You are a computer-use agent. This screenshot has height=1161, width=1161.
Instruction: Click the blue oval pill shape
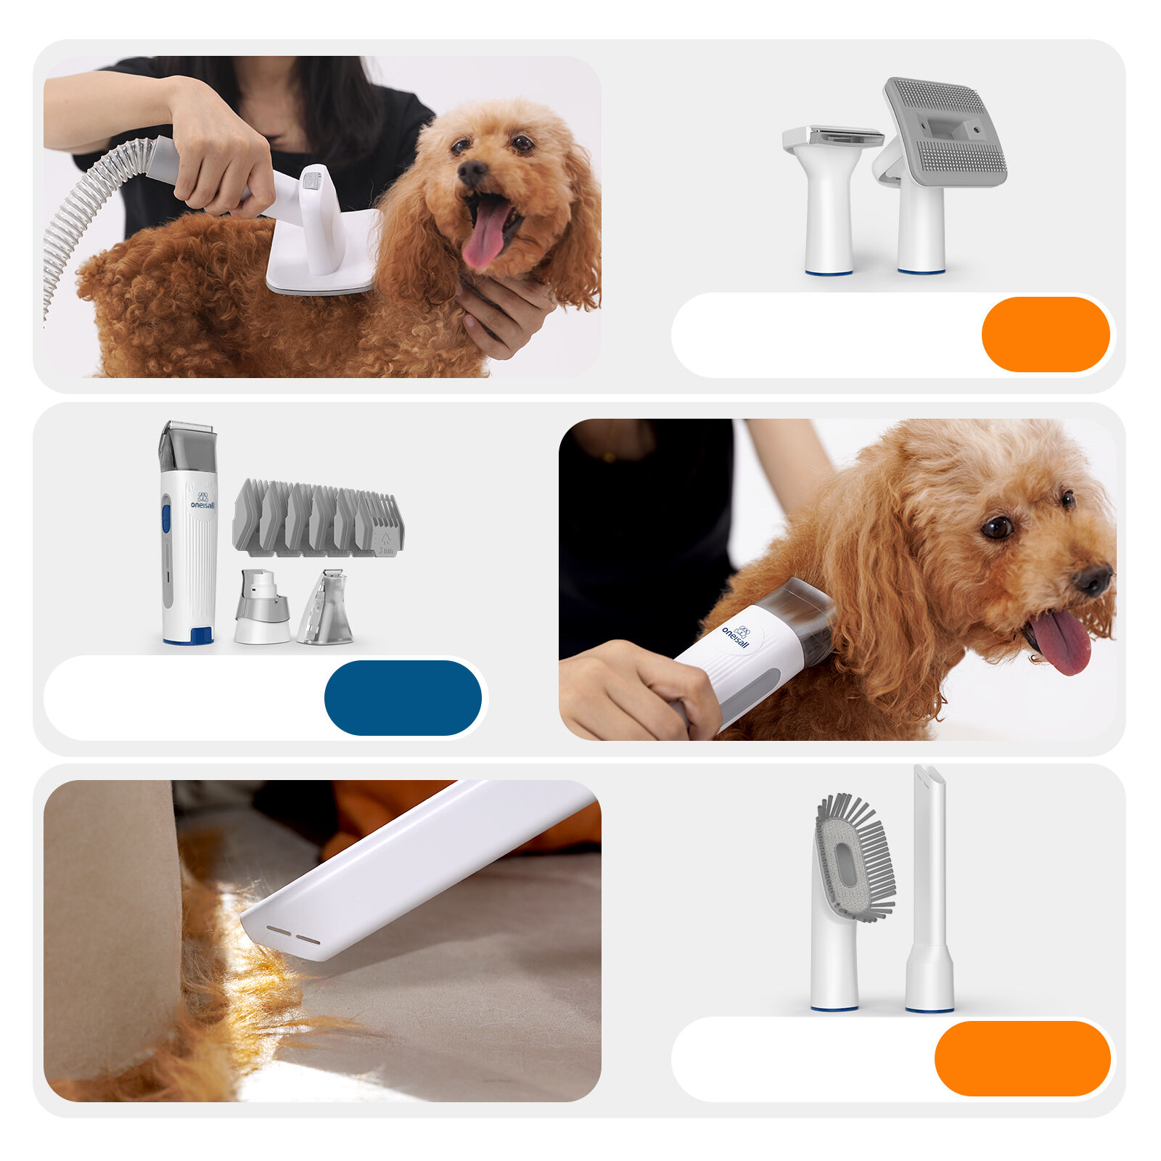point(403,697)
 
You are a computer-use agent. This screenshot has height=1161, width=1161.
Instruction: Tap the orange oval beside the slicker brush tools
point(1045,335)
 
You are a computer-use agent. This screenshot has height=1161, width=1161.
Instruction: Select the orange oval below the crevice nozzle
point(1022,1058)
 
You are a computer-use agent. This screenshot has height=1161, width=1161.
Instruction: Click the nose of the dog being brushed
point(472,173)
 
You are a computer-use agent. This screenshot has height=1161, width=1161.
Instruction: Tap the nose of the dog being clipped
point(1093,580)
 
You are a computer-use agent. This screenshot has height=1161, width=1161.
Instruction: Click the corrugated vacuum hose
point(80,203)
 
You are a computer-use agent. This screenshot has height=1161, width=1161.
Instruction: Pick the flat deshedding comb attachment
point(832,196)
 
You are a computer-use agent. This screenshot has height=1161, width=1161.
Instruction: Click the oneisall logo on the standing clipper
point(202,501)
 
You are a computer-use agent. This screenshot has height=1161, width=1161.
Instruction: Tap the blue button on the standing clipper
point(166,518)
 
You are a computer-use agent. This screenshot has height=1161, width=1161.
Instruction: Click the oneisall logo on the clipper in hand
point(737,636)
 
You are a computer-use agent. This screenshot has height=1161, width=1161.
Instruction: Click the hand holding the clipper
point(639,689)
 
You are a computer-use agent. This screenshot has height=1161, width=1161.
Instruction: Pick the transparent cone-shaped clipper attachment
point(327,610)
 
